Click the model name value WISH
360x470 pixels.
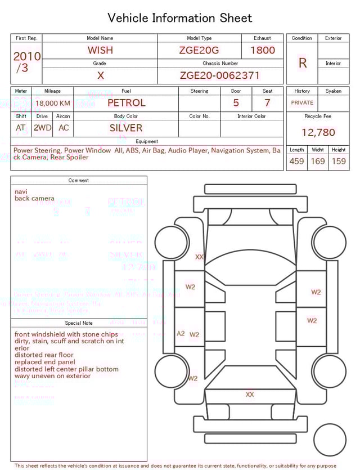(x=100, y=50)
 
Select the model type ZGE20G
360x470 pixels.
(x=199, y=50)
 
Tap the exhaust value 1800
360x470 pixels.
(x=263, y=50)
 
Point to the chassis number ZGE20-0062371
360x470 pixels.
(x=220, y=75)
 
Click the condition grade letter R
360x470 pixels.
(x=303, y=63)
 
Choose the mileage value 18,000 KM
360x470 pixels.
(x=53, y=104)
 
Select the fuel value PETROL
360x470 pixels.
(x=126, y=103)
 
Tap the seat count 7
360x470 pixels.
(x=267, y=103)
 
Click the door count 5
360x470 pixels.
(x=236, y=103)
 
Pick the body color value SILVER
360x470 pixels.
(x=126, y=128)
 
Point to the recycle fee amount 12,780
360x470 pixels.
(x=318, y=133)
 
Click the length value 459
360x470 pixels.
(x=296, y=162)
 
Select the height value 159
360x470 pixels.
(x=339, y=162)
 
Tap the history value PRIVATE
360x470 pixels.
(x=302, y=103)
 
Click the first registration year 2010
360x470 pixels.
(x=26, y=56)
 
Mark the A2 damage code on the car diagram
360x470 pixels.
(x=181, y=334)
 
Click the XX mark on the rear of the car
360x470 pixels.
(x=250, y=395)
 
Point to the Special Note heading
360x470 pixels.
(x=79, y=323)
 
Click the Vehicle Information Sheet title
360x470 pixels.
(x=180, y=18)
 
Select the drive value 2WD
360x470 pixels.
(x=42, y=128)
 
